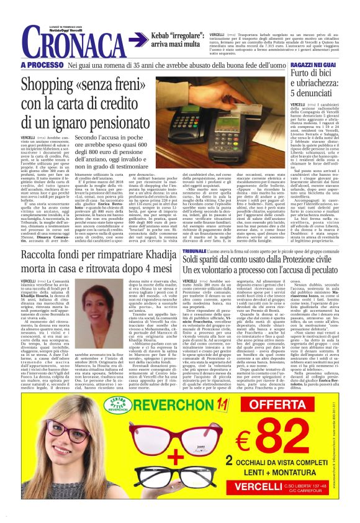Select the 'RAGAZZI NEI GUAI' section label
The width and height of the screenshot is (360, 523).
(315, 65)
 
